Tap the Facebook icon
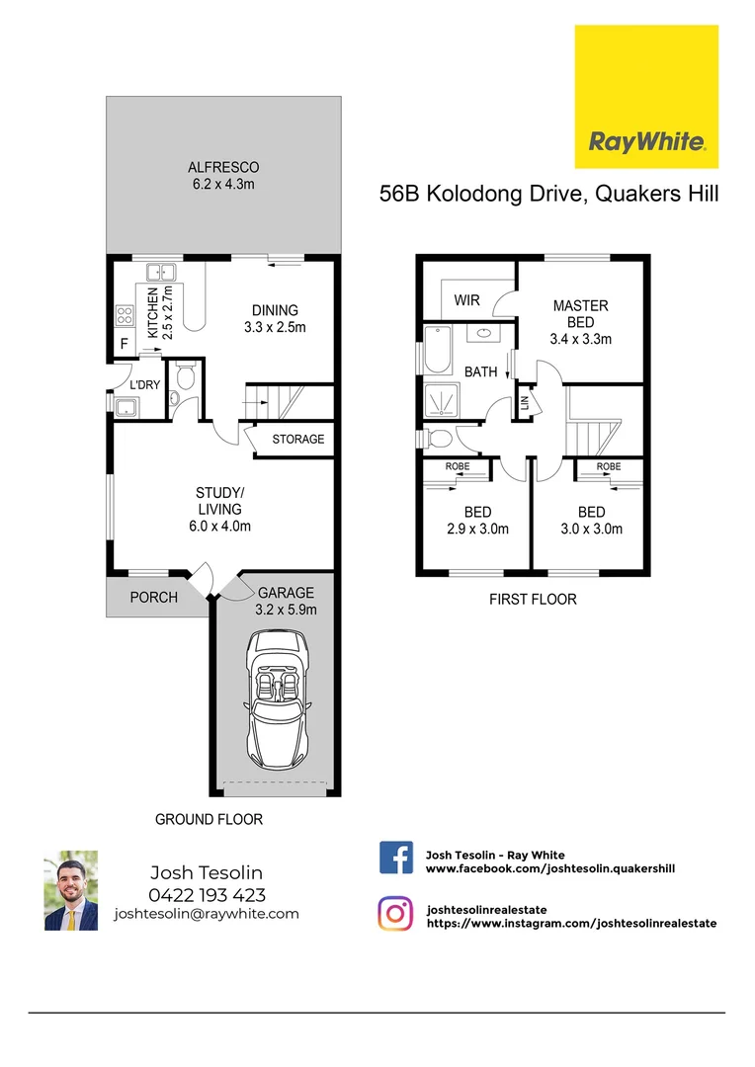[x=396, y=858]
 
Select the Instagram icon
[x=395, y=913]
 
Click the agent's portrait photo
[x=71, y=891]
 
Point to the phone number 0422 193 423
[x=207, y=895]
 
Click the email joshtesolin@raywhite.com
[x=207, y=914]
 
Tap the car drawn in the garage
[x=277, y=703]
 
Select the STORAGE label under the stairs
[x=297, y=439]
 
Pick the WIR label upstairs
[x=466, y=299]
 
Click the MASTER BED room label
[x=580, y=314]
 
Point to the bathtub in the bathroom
[x=437, y=350]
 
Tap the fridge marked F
[x=124, y=346]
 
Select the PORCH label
[x=154, y=597]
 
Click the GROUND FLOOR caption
[x=209, y=819]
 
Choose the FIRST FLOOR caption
[x=533, y=599]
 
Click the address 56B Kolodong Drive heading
[x=548, y=195]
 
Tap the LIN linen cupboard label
[x=525, y=403]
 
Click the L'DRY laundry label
[x=144, y=384]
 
